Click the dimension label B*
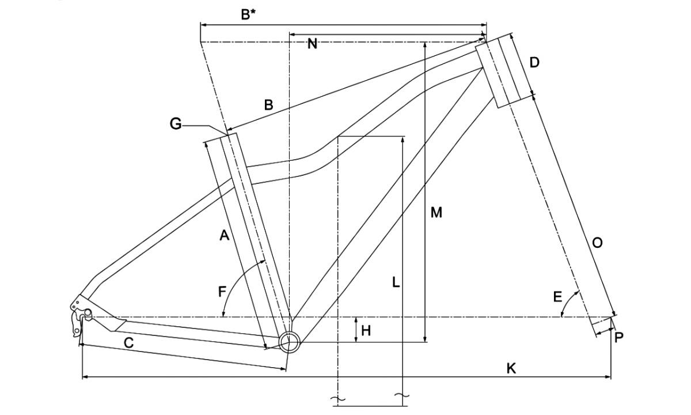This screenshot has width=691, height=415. point(248,14)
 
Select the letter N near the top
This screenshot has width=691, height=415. point(312,44)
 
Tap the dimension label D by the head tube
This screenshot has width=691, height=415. point(534,62)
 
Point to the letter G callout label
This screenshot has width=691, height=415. point(176,123)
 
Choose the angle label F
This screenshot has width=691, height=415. point(222,292)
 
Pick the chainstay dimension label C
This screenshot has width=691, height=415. point(129,343)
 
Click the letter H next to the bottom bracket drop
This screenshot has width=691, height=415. point(366,330)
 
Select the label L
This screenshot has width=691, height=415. point(395,282)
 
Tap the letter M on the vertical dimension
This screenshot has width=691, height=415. point(436,213)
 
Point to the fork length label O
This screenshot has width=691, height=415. point(597,243)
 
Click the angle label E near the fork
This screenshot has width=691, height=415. point(557,297)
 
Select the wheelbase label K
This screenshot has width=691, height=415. point(511,368)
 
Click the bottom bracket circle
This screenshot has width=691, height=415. point(289,341)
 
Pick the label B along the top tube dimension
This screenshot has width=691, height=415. point(268,105)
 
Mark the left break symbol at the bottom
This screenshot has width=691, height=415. point(337,398)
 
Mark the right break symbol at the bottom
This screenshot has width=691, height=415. point(401,396)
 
